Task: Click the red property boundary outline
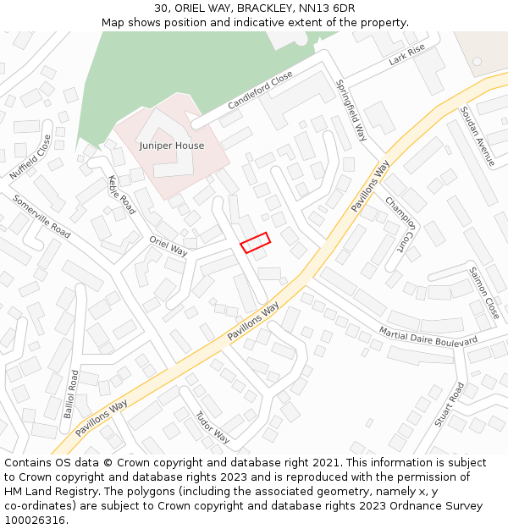point(255,243)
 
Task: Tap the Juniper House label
point(172,146)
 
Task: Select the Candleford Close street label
point(260,91)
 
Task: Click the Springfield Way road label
point(351,110)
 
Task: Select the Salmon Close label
point(483,293)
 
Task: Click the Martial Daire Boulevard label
point(428,336)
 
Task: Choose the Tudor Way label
point(213,427)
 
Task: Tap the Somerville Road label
point(41,216)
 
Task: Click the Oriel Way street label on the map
point(168,245)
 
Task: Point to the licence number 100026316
point(35,521)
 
